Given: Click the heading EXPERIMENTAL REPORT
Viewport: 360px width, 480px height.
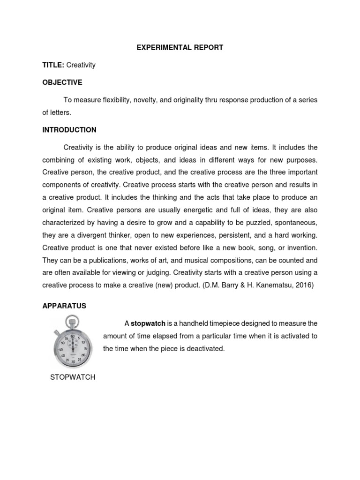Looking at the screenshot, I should pos(180,47).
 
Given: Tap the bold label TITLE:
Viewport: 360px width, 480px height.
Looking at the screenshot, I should pos(53,65).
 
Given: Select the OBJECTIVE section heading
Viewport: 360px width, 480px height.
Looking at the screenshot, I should pos(62,82).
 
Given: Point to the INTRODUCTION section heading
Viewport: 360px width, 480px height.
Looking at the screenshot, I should pos(69,130).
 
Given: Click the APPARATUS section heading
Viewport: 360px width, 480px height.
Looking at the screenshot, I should pos(64,306).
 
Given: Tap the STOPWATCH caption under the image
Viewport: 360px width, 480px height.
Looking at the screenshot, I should pos(73,377).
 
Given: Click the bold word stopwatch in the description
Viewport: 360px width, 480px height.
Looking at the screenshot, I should pos(148,323).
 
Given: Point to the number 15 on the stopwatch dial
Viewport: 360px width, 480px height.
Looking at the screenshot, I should pos(84,350).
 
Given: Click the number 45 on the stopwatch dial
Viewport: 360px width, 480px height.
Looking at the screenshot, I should pos(61,350).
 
